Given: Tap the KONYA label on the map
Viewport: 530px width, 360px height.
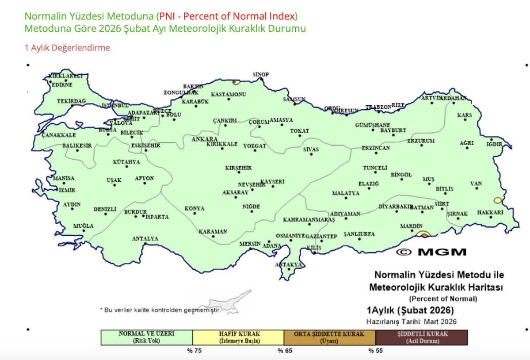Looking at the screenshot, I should pyautogui.click(x=194, y=208).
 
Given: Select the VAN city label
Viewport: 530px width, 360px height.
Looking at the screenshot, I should pyautogui.click(x=476, y=184).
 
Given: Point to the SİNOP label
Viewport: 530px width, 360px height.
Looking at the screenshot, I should pyautogui.click(x=260, y=74).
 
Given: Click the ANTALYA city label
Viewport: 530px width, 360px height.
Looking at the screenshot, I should pyautogui.click(x=145, y=239).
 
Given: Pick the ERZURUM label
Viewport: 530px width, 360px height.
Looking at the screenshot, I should pyautogui.click(x=421, y=141).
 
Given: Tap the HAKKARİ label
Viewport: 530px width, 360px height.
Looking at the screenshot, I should pyautogui.click(x=490, y=213).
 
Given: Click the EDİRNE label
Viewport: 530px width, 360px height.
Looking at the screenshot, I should pyautogui.click(x=62, y=84).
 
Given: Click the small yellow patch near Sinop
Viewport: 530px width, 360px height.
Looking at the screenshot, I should pyautogui.click(x=236, y=82).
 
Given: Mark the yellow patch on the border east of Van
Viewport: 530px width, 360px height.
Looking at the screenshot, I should pyautogui.click(x=499, y=200).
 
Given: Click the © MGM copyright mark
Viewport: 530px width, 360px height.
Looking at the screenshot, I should pyautogui.click(x=431, y=252).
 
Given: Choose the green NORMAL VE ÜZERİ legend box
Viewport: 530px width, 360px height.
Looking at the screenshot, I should pyautogui.click(x=147, y=337).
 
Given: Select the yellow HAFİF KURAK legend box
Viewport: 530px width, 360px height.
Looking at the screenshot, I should pyautogui.click(x=238, y=337).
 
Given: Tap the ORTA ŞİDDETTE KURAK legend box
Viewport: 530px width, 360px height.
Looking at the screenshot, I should pyautogui.click(x=330, y=337).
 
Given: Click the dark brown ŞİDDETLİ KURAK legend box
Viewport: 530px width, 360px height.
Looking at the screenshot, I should pyautogui.click(x=421, y=337).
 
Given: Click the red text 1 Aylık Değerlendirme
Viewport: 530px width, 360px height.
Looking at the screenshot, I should pyautogui.click(x=67, y=48).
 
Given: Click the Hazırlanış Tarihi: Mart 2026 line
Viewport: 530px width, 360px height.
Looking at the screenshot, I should pyautogui.click(x=411, y=322).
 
